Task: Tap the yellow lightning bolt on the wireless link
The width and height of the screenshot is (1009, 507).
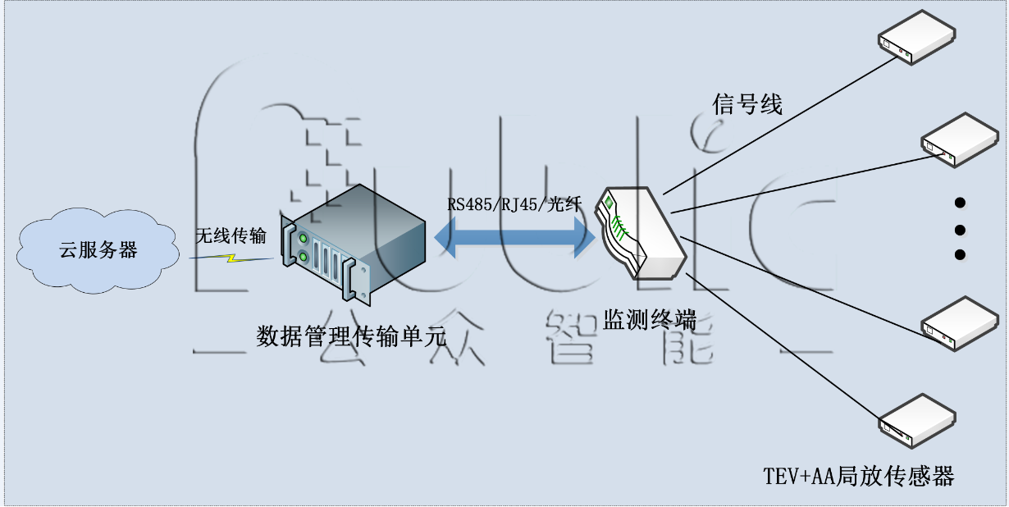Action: [232, 258]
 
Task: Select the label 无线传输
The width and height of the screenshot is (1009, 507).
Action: [231, 236]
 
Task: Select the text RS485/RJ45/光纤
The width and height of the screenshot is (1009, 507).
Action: [514, 204]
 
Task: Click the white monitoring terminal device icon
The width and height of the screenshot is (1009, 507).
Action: [641, 234]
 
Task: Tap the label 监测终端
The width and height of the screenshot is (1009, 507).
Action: [651, 318]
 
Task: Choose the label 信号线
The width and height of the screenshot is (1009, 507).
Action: [747, 104]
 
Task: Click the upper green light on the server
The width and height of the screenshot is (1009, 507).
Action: [304, 239]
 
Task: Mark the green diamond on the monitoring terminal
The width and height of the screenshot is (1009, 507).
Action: [609, 201]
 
